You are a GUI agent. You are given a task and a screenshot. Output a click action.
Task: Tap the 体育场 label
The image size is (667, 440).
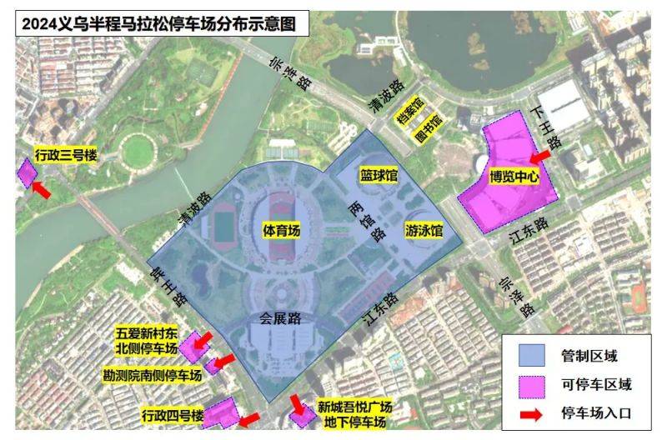pyautogui.click(x=281, y=228)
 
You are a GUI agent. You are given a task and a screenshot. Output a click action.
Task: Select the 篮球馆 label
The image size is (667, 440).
pyautogui.click(x=379, y=176)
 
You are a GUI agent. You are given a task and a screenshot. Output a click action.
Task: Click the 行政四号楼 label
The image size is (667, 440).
pyautogui.click(x=173, y=415)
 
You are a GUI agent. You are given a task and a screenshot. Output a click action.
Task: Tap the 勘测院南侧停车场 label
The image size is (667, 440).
pyautogui.click(x=153, y=375)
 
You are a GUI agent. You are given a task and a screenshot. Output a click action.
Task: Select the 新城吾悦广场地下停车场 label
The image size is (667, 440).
pyautogui.click(x=354, y=415)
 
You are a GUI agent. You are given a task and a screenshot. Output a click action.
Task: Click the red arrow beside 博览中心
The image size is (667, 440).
pyautogui.click(x=540, y=156)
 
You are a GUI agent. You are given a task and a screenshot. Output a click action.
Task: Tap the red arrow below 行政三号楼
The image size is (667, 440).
pyautogui.click(x=40, y=190)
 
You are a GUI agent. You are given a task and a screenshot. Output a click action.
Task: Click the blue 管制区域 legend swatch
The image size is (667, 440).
pyautogui.click(x=531, y=357)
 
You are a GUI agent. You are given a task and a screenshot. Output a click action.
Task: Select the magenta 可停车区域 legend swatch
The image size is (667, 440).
pyautogui.click(x=531, y=385)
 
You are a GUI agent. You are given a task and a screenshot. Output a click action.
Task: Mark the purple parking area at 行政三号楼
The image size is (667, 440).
pyautogui.click(x=27, y=172)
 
